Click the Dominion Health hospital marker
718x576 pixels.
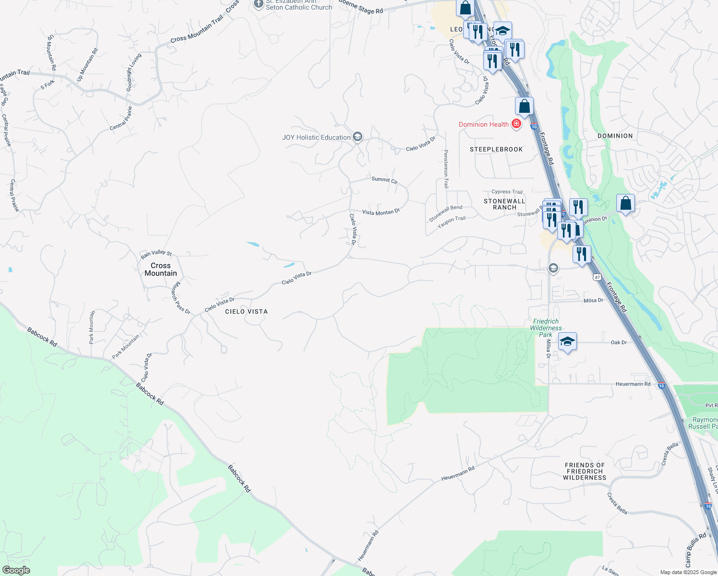pos(516,124)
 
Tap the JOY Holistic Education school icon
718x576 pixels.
pos(357,137)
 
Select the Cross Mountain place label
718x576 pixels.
pos(161,269)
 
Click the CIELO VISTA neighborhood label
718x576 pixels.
pos(246,312)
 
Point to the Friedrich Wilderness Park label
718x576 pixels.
pos(546,328)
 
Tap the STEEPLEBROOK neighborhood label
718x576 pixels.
pos(496,149)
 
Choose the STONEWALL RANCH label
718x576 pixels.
pos(504,204)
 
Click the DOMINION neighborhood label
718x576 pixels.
pos(615,136)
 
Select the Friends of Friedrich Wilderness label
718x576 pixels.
pos(585,471)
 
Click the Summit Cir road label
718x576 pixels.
pos(384,180)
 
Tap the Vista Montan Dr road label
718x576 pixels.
pos(381,212)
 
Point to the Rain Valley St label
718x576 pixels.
pos(156,253)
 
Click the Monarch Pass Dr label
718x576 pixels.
pos(180,298)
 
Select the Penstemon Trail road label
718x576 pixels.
pos(446,168)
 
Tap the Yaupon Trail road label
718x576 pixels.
pos(451,222)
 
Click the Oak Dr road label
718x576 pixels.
pos(619,342)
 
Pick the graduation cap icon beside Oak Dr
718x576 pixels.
pos(567,342)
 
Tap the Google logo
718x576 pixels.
pos(16,570)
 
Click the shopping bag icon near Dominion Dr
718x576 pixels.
pos(625,203)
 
